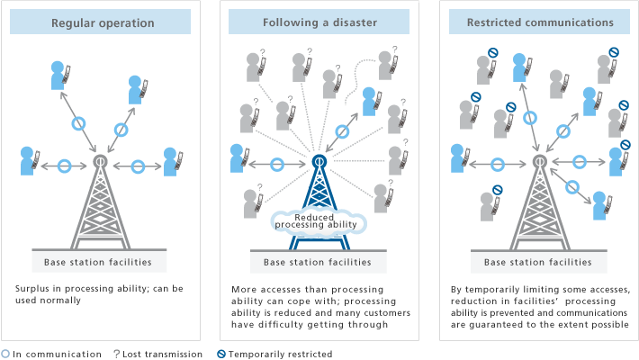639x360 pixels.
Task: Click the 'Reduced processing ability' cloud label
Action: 316,220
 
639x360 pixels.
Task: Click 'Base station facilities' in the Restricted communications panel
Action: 538,263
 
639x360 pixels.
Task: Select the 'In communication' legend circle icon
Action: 6,355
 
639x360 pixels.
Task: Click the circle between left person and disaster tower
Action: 278,164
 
